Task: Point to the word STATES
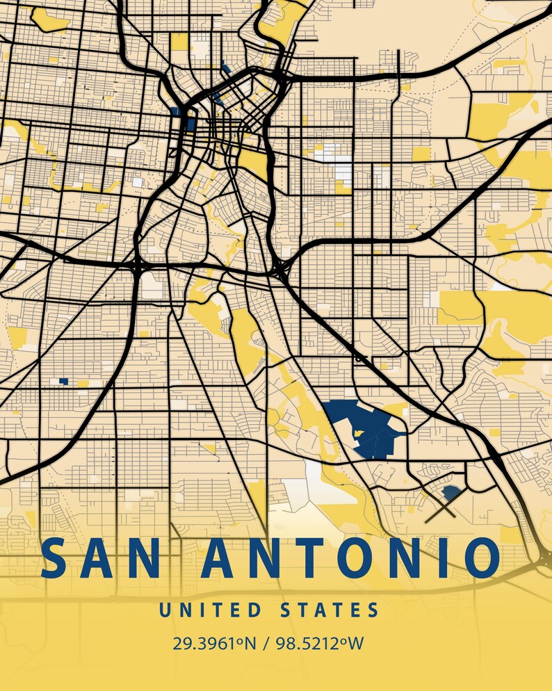point(330,611)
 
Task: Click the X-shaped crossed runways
point(440,510)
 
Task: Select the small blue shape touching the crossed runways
point(452,493)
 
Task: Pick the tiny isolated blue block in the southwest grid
point(63,381)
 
